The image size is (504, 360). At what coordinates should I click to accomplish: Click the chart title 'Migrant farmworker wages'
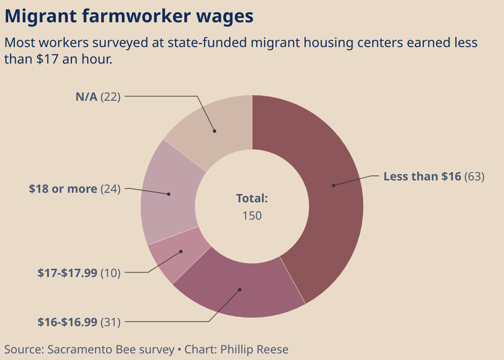tap(128, 17)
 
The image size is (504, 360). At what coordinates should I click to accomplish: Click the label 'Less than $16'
tap(422, 176)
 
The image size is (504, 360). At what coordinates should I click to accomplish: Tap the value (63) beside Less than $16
tap(474, 176)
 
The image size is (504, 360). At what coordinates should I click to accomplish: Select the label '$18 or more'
tap(63, 189)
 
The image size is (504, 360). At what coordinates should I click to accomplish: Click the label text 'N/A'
tap(86, 97)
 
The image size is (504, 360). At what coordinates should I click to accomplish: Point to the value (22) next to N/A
tap(110, 97)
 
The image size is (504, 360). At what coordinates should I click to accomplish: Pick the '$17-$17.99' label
tap(67, 273)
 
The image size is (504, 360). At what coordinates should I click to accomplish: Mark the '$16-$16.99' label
tap(67, 322)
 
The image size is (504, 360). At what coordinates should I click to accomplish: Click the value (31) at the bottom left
tap(110, 322)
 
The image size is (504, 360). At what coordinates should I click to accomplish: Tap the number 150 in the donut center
tap(252, 216)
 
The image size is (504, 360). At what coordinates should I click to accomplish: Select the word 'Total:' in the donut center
tap(252, 199)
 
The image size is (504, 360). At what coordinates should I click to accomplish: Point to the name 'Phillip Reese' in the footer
tap(254, 349)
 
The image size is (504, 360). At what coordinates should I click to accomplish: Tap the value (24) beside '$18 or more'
tap(110, 189)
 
